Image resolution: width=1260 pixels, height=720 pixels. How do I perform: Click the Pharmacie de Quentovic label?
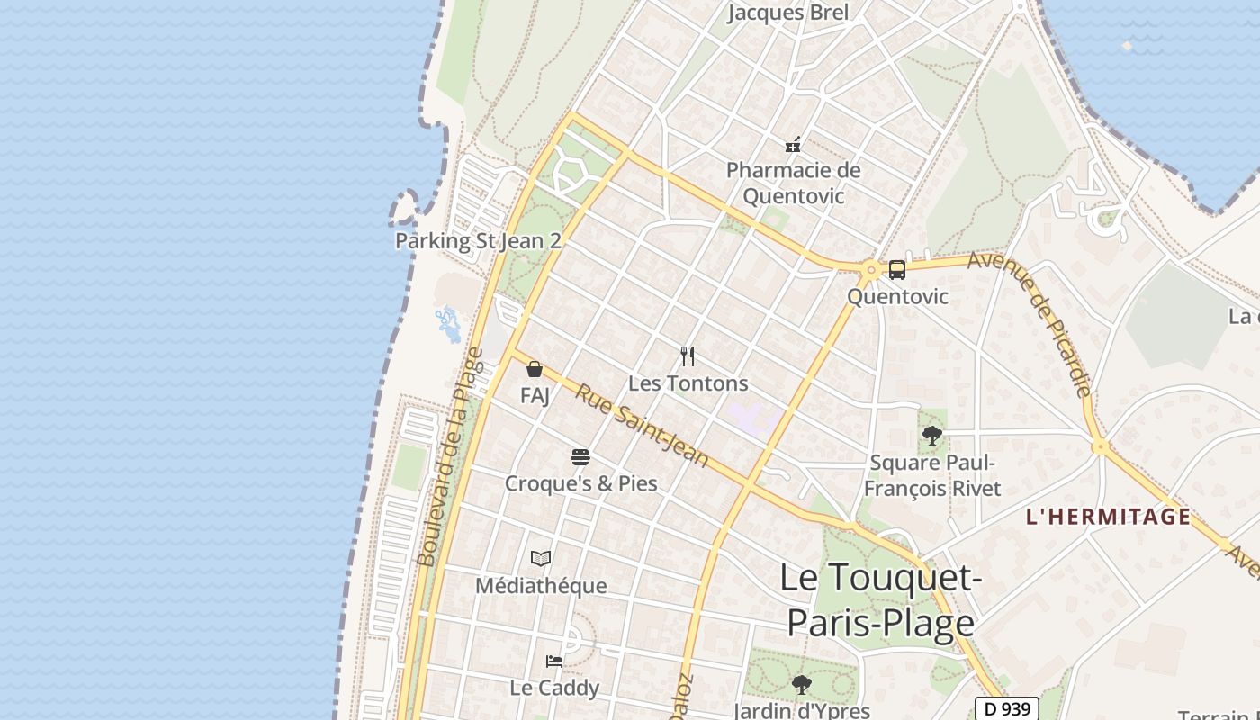point(793,183)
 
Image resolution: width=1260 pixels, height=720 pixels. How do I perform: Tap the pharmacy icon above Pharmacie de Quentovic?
point(793,144)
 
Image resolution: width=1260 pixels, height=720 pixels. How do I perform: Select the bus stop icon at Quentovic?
point(896,269)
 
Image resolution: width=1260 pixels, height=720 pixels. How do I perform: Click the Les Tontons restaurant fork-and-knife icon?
point(688,356)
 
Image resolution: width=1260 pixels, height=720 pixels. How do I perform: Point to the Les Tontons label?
point(688,383)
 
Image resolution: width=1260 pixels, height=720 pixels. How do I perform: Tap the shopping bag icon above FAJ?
point(535,369)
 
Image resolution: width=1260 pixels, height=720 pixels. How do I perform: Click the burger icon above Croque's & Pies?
point(580,456)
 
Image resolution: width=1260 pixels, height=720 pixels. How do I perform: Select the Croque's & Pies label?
point(580,483)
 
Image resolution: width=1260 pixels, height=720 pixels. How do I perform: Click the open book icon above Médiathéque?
point(541,558)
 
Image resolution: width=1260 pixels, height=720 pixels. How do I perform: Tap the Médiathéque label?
point(541,586)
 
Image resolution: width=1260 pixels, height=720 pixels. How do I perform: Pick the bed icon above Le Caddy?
point(554,661)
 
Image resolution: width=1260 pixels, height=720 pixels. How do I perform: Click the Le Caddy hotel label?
point(554,688)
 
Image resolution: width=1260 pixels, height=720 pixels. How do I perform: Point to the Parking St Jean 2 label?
point(478,241)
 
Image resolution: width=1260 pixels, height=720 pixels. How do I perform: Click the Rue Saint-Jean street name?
point(642,427)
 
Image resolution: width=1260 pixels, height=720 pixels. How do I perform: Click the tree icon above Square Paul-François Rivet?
point(931,436)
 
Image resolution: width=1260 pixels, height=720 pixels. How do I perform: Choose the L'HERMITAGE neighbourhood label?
point(1108,517)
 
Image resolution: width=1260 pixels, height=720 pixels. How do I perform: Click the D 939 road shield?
point(1007,709)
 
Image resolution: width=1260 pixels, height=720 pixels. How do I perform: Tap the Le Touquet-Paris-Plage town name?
point(880,599)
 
